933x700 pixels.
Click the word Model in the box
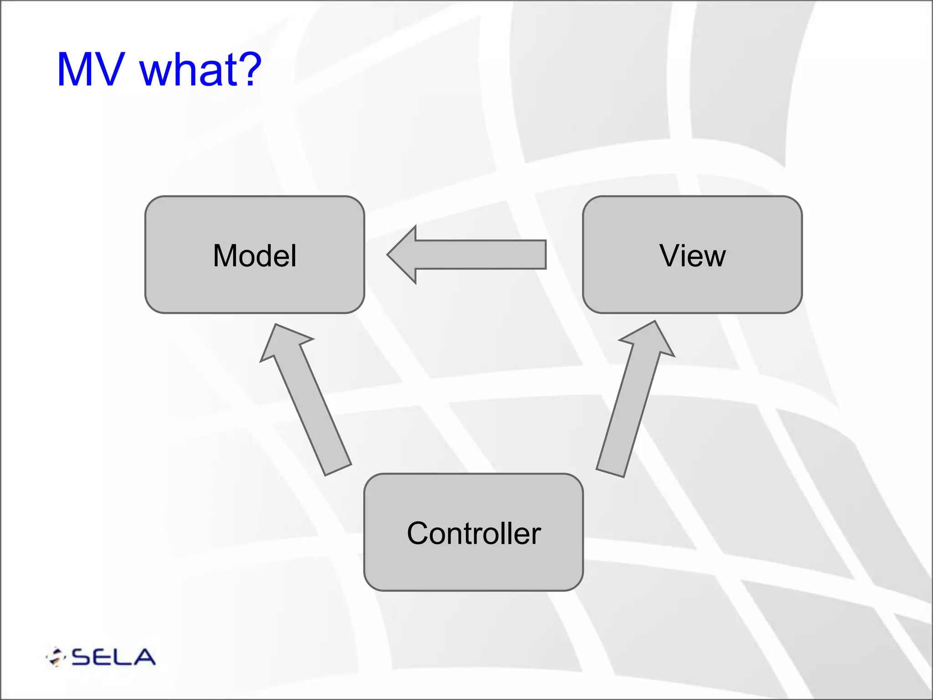point(255,256)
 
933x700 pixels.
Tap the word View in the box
point(692,256)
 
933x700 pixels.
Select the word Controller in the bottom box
point(473,533)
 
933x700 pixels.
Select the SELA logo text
point(113,657)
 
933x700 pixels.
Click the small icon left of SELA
point(56,657)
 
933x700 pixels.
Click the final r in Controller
point(536,535)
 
